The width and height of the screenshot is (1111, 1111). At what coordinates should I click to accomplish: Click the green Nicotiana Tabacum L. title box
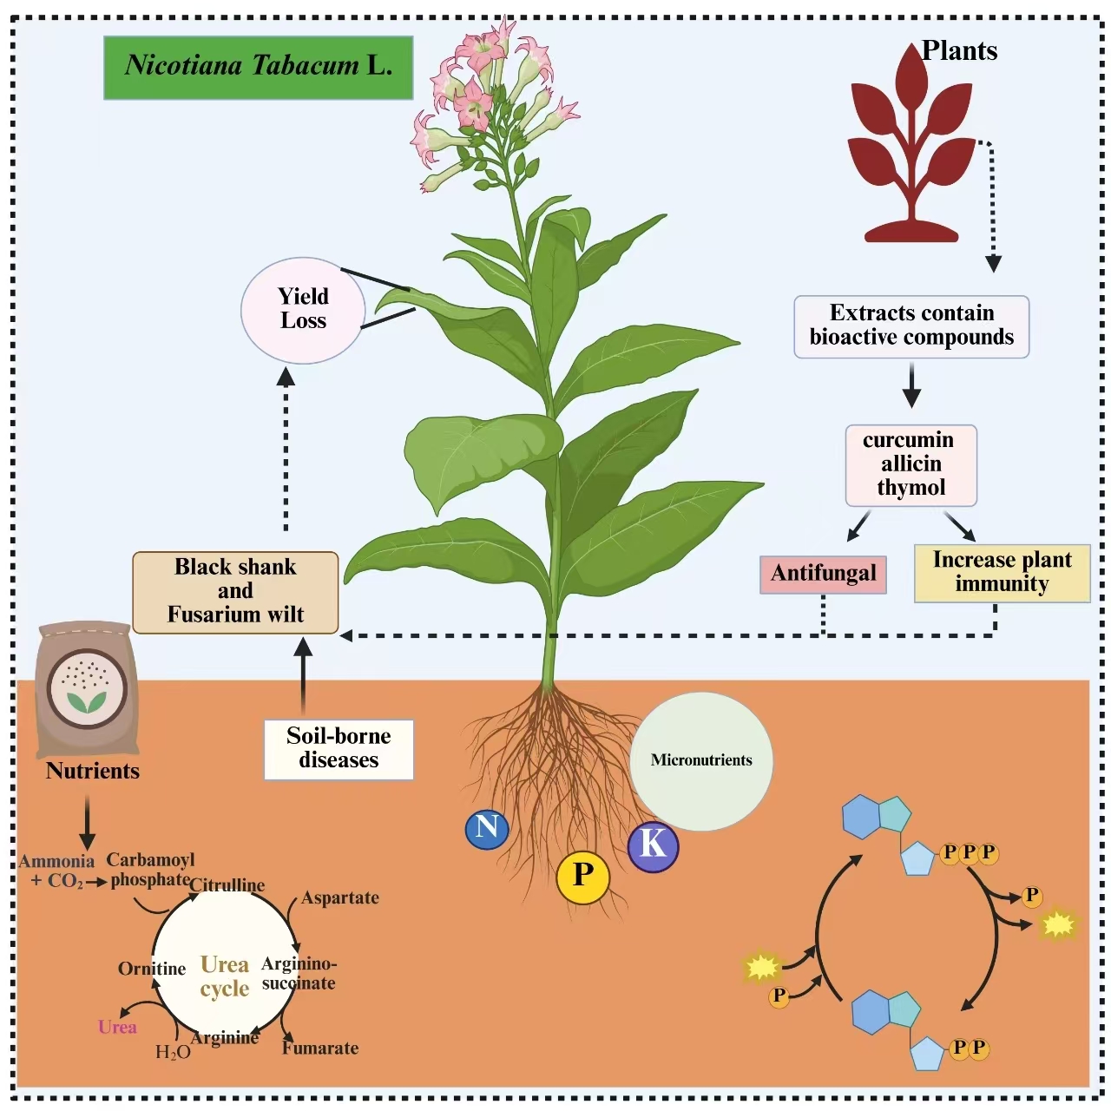(258, 67)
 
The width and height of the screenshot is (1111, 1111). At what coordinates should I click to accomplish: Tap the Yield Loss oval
(303, 310)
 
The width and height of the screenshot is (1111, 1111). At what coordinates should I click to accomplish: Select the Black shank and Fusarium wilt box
(235, 592)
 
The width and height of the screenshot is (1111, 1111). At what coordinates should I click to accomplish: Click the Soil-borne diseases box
(339, 748)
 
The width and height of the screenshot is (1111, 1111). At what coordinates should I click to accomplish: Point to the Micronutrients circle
(701, 760)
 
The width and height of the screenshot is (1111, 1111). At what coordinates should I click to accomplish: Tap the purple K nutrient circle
(653, 845)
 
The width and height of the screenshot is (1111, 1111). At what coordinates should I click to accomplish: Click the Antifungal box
(823, 574)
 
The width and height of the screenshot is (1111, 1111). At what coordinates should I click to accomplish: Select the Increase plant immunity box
(1002, 572)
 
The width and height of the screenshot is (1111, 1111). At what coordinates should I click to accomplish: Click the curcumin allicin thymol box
(910, 464)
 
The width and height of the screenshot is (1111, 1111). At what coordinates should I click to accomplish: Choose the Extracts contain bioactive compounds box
(911, 325)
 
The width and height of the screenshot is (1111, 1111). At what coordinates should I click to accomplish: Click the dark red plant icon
(911, 148)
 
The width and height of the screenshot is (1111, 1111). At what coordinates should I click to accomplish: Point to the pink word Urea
(117, 1028)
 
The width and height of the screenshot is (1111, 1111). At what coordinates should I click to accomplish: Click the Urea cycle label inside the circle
(224, 976)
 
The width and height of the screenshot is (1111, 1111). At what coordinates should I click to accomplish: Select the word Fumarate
(320, 1049)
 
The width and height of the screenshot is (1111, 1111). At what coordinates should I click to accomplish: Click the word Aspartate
(340, 898)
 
